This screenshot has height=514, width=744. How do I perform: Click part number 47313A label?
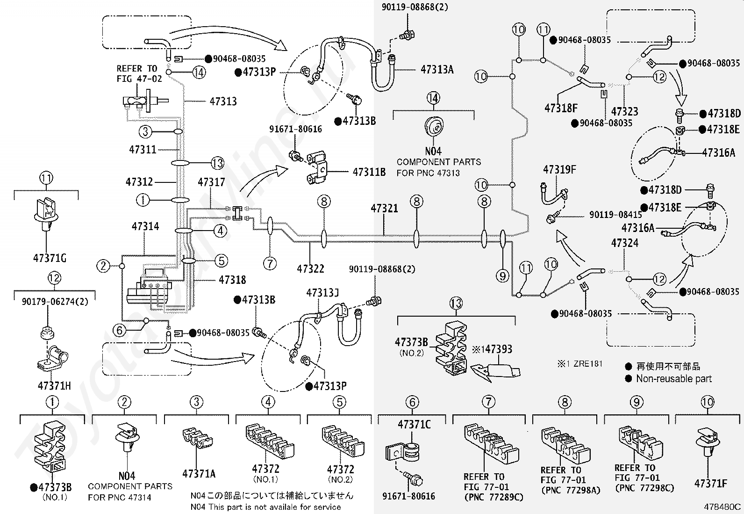(x=437, y=70)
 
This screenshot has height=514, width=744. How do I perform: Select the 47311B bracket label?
(x=369, y=172)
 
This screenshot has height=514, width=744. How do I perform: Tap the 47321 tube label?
(x=384, y=208)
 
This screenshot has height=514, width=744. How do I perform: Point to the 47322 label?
(x=310, y=268)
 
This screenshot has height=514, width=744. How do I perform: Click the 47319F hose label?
(x=560, y=170)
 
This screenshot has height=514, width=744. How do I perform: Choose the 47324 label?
(x=625, y=243)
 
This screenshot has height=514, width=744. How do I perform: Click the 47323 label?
(x=625, y=111)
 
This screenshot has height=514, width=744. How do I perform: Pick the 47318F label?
(x=561, y=108)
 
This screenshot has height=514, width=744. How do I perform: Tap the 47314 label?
(x=145, y=226)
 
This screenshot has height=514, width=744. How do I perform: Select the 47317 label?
(x=211, y=182)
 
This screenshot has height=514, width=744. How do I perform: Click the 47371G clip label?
(x=50, y=258)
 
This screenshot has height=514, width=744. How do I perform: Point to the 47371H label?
(x=54, y=386)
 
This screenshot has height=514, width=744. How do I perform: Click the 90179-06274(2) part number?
(x=55, y=302)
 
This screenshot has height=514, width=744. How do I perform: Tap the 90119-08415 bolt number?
(x=616, y=215)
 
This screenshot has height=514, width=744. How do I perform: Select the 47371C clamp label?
(x=414, y=425)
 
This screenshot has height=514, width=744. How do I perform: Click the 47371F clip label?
(x=711, y=484)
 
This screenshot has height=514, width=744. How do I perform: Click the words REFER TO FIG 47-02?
(x=139, y=74)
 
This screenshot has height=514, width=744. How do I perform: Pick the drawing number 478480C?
(x=722, y=507)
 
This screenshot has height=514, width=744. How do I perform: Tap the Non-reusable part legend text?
(x=674, y=379)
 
